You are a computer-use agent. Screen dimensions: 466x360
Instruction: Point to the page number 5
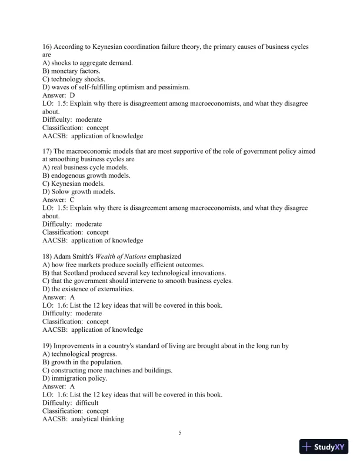tap(180, 434)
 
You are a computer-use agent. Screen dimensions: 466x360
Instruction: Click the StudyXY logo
tap(325, 447)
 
